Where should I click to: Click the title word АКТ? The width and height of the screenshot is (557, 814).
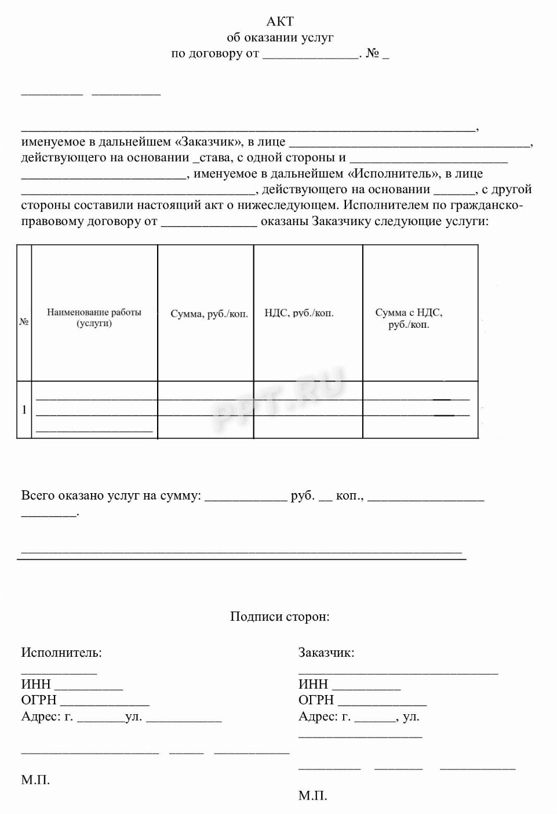click(x=280, y=21)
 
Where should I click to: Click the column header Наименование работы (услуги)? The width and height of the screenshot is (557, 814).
click(x=94, y=317)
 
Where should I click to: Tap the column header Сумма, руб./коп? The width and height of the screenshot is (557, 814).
click(x=209, y=314)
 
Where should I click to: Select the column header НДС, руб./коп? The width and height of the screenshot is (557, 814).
click(x=299, y=313)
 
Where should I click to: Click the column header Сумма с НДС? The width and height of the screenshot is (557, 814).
click(x=409, y=318)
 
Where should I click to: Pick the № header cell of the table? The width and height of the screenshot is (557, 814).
click(x=24, y=321)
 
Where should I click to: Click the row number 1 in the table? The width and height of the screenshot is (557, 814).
click(x=24, y=410)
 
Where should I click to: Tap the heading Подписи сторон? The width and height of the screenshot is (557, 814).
click(x=279, y=616)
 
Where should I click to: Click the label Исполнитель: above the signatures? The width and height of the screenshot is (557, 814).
click(x=61, y=652)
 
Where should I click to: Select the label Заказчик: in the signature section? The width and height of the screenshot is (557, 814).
click(x=326, y=652)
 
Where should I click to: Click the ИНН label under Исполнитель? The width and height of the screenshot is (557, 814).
click(x=36, y=684)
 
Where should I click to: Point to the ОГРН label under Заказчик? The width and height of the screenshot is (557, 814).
click(x=316, y=700)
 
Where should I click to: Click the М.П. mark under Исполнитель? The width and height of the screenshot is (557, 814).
click(x=35, y=780)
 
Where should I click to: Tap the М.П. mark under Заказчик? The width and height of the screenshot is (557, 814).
click(x=313, y=795)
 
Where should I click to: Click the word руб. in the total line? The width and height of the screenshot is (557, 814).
click(x=303, y=496)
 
